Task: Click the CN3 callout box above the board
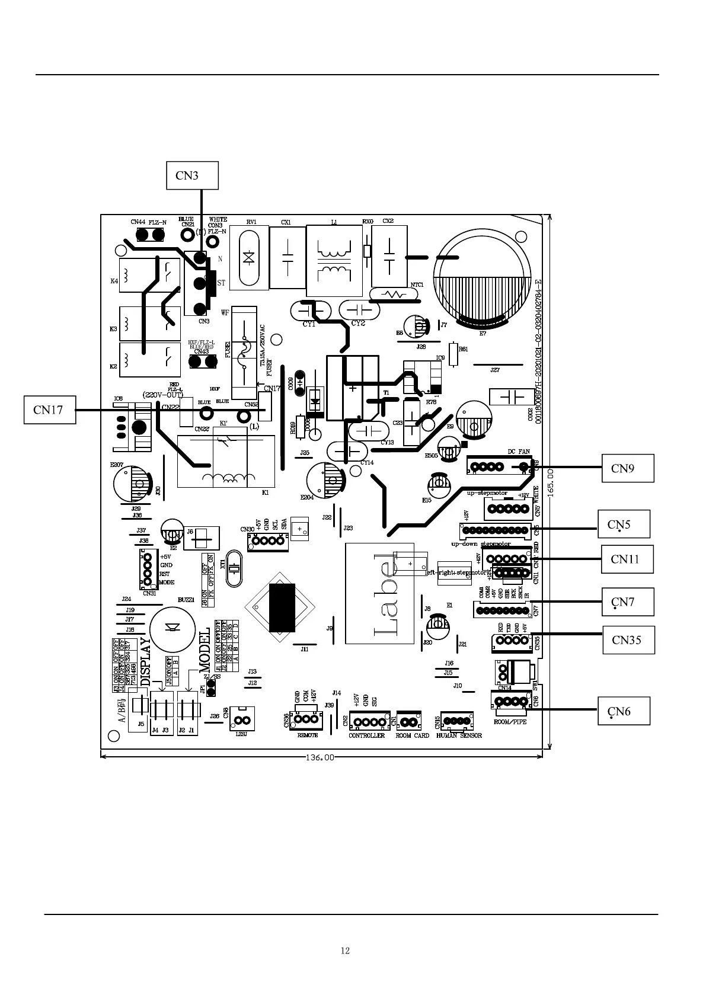[x=193, y=175]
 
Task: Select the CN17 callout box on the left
[x=50, y=410]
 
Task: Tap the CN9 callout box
[x=628, y=468]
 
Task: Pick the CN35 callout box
[x=628, y=640]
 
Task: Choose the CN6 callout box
[x=624, y=711]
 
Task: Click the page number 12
[x=345, y=951]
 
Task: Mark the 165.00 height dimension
[x=551, y=483]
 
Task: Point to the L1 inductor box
[x=334, y=261]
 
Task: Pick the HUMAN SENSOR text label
[x=459, y=735]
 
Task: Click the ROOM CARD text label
[x=412, y=735]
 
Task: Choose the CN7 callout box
[x=628, y=602]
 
